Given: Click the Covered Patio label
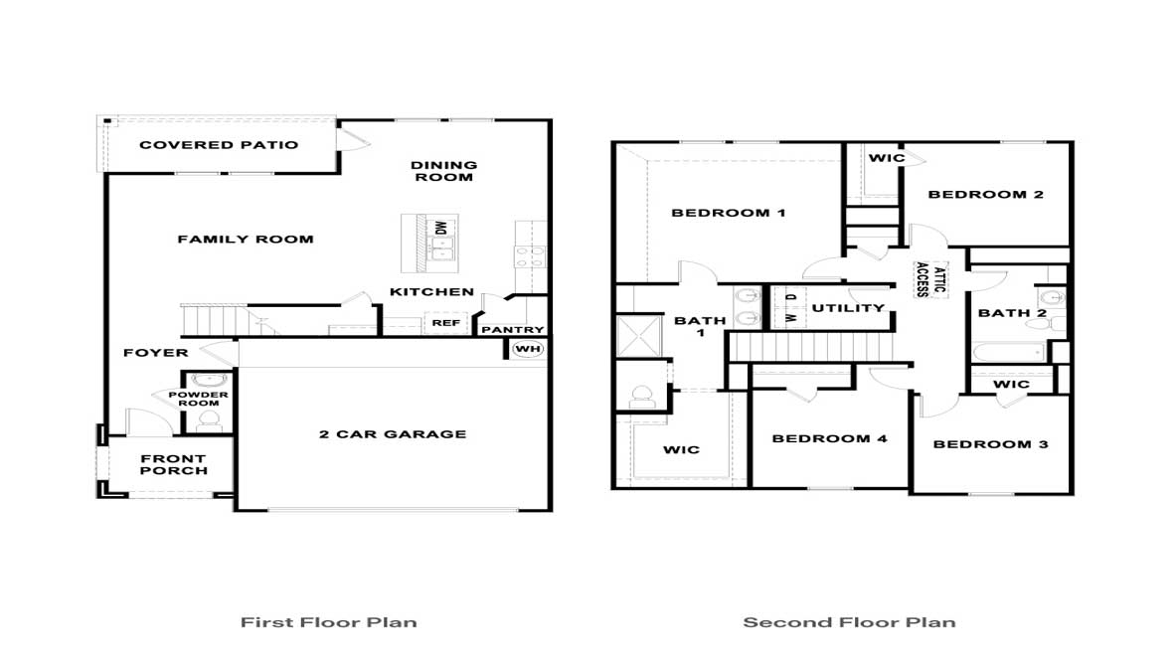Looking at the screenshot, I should pos(219,145).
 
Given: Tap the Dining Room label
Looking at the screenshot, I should pos(443,171).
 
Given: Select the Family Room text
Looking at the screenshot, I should pos(246,239).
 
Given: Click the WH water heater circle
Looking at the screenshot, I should pos(526,349).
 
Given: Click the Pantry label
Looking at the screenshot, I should pos(513,330).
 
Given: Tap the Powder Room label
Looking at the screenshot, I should pos(204,400).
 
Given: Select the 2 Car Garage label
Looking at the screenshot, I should pos(393,434).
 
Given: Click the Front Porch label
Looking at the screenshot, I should pos(174,465).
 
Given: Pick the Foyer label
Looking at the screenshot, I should pos(155,353).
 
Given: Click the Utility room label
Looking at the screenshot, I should pos(848,308).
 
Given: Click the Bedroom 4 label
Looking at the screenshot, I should pos(829,438).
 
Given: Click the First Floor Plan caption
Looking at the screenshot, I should pos(328,623).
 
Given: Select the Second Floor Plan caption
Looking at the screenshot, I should pos(849,623).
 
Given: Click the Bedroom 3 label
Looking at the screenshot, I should pos(990,444).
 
